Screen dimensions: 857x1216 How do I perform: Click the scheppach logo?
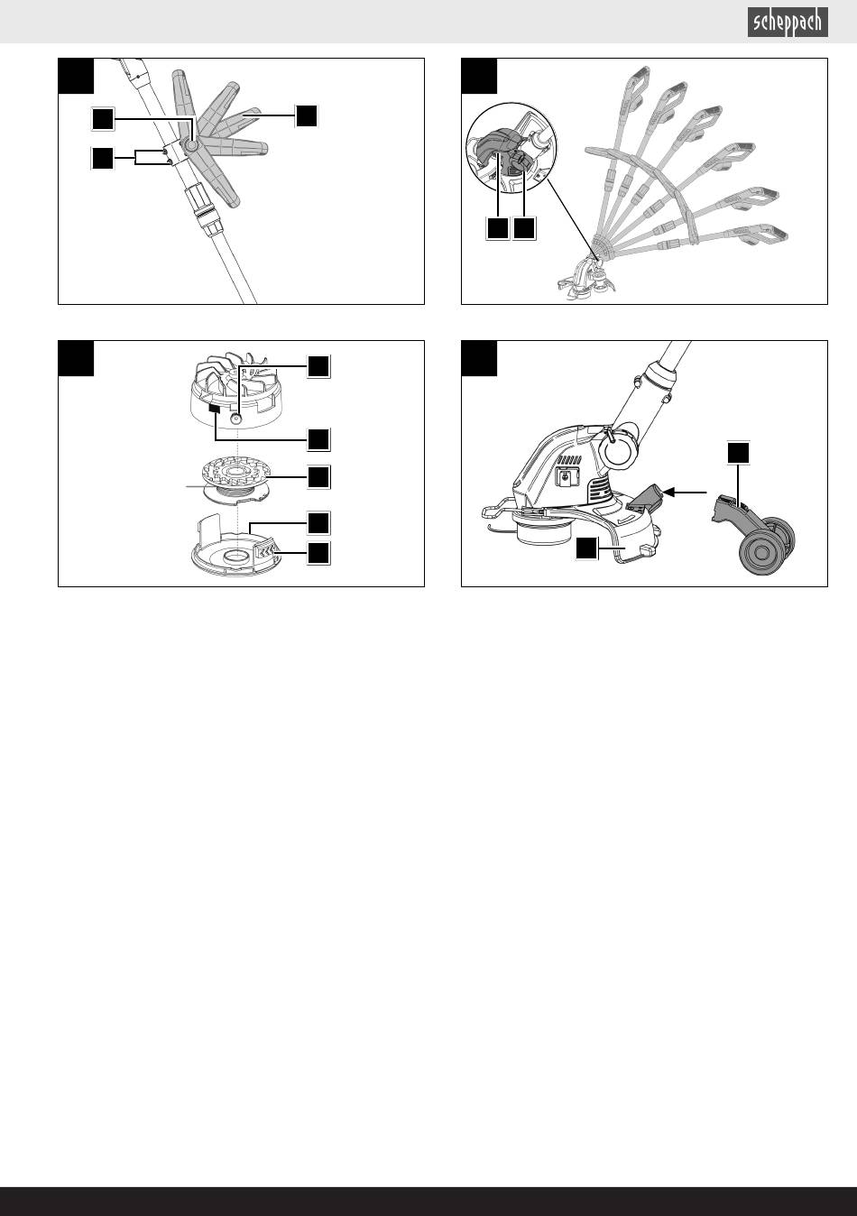788,23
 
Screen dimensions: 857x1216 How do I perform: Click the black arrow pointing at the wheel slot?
685,493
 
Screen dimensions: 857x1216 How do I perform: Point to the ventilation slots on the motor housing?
599,489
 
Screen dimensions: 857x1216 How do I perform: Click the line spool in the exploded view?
235,481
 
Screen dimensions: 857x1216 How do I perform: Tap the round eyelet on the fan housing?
235,419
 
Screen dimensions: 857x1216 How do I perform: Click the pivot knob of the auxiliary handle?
190,145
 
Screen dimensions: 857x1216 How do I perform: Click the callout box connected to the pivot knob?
103,119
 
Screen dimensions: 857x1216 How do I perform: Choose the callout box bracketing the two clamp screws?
102,158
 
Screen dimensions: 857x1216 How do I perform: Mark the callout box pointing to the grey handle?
306,115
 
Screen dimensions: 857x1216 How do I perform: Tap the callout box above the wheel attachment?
738,453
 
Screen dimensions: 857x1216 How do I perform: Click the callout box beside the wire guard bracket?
586,548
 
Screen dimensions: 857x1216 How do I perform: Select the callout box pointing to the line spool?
318,477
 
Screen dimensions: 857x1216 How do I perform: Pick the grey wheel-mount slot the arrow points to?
645,498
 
